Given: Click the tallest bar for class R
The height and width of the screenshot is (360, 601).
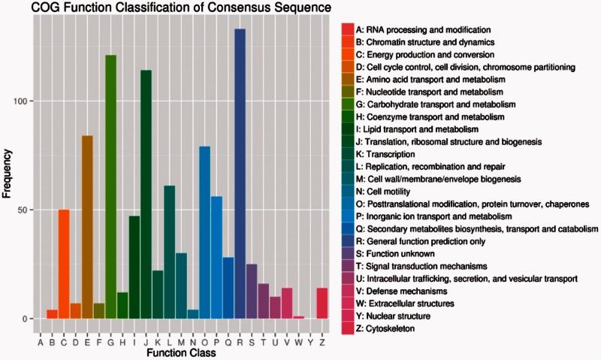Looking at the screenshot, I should [240, 174].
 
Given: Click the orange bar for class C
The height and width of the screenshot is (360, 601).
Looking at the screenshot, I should [64, 264].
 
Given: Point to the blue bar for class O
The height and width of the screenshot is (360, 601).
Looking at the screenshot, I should [204, 232].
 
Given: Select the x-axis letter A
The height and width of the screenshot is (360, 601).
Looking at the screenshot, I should [41, 343].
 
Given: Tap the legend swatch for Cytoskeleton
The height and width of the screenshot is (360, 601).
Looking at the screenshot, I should [348, 329].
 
